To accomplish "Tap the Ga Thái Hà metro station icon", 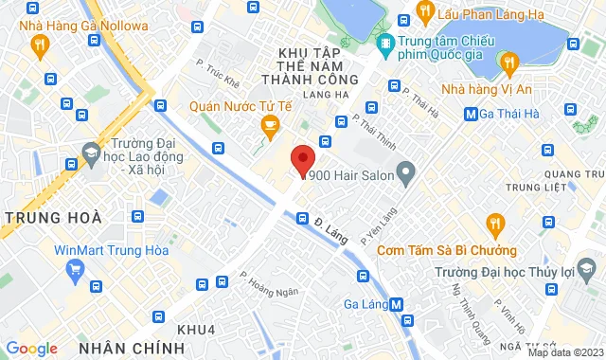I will pyautogui.click(x=471, y=115).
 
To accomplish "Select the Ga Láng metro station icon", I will pyautogui.click(x=397, y=304).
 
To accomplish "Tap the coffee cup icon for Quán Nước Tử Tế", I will pyautogui.click(x=270, y=127).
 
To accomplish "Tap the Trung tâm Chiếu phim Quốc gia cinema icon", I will pyautogui.click(x=385, y=44).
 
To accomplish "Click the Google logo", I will pyautogui.click(x=31, y=349).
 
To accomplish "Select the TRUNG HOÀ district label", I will pyautogui.click(x=53, y=218).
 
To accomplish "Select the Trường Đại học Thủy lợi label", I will pyautogui.click(x=515, y=275).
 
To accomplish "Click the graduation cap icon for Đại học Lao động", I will pyautogui.click(x=90, y=151).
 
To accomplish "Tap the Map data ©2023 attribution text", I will pyautogui.click(x=564, y=352).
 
